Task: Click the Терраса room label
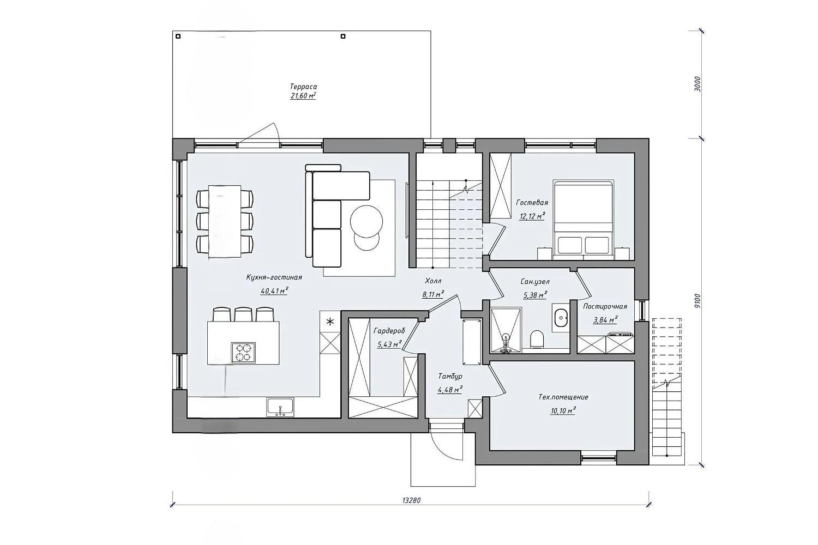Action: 303,87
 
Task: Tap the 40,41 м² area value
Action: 275,290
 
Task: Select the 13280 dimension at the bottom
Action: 412,500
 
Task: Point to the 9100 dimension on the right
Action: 697,301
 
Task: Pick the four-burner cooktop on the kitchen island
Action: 243,352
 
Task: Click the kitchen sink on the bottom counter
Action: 280,407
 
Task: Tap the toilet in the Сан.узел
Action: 537,339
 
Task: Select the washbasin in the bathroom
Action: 561,318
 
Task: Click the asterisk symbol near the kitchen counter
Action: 330,322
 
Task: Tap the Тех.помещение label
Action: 563,397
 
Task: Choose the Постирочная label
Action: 605,306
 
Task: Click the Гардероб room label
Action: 389,331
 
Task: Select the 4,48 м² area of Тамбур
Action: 450,390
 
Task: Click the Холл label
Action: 433,281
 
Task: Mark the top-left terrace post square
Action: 178,37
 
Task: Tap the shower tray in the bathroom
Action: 506,330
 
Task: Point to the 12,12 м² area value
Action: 532,216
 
